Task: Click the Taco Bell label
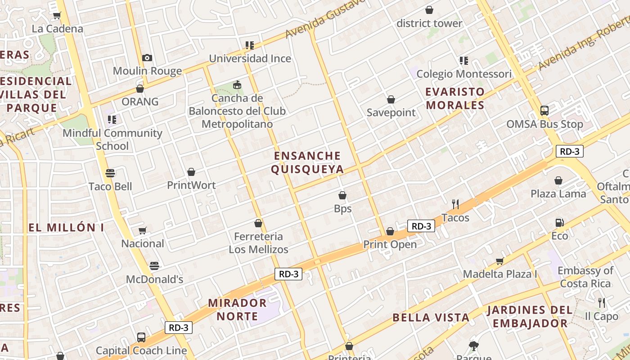[110, 186]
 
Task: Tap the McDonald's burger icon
[154, 265]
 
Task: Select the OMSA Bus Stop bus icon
[544, 110]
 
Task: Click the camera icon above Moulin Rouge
[147, 58]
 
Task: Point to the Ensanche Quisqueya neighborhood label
[308, 162]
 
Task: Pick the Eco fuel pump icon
[559, 222]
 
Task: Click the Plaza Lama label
[558, 194]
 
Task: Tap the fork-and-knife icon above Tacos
[455, 204]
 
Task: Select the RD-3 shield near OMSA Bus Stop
[569, 151]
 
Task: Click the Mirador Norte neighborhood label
[237, 310]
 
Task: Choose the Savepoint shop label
[391, 112]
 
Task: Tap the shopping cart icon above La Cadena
[57, 16]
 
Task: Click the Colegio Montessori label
[464, 74]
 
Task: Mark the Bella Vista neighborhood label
[431, 318]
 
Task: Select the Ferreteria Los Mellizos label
[258, 243]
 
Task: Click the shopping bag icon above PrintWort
[191, 172]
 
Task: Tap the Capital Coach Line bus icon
[141, 337]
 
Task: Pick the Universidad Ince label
[250, 58]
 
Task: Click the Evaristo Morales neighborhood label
[455, 99]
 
